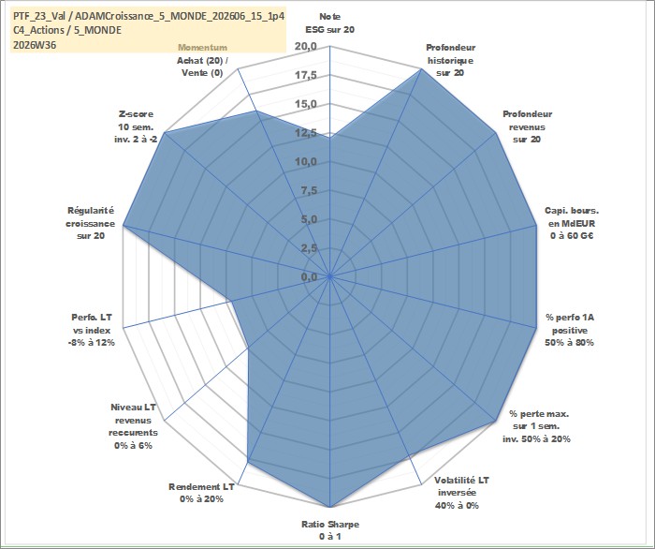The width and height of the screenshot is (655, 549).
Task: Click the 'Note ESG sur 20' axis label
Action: (330, 23)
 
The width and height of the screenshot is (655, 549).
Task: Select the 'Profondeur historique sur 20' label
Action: (450, 60)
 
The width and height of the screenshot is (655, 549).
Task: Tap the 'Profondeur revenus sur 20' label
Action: (527, 126)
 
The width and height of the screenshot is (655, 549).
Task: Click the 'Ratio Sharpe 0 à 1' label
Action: (330, 530)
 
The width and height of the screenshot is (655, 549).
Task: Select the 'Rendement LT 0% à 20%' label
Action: (201, 493)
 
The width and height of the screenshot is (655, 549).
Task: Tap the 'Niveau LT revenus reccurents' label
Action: (133, 426)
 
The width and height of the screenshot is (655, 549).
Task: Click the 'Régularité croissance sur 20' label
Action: (90, 223)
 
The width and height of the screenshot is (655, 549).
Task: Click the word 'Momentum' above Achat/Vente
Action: (203, 48)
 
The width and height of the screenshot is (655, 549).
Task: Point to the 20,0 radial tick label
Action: (306, 47)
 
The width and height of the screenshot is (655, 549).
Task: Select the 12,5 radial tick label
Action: (306, 133)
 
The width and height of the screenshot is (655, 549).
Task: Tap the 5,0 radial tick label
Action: (309, 219)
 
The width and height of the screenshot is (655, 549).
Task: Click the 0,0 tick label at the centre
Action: (309, 276)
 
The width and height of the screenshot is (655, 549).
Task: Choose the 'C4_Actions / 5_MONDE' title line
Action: (67, 30)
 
